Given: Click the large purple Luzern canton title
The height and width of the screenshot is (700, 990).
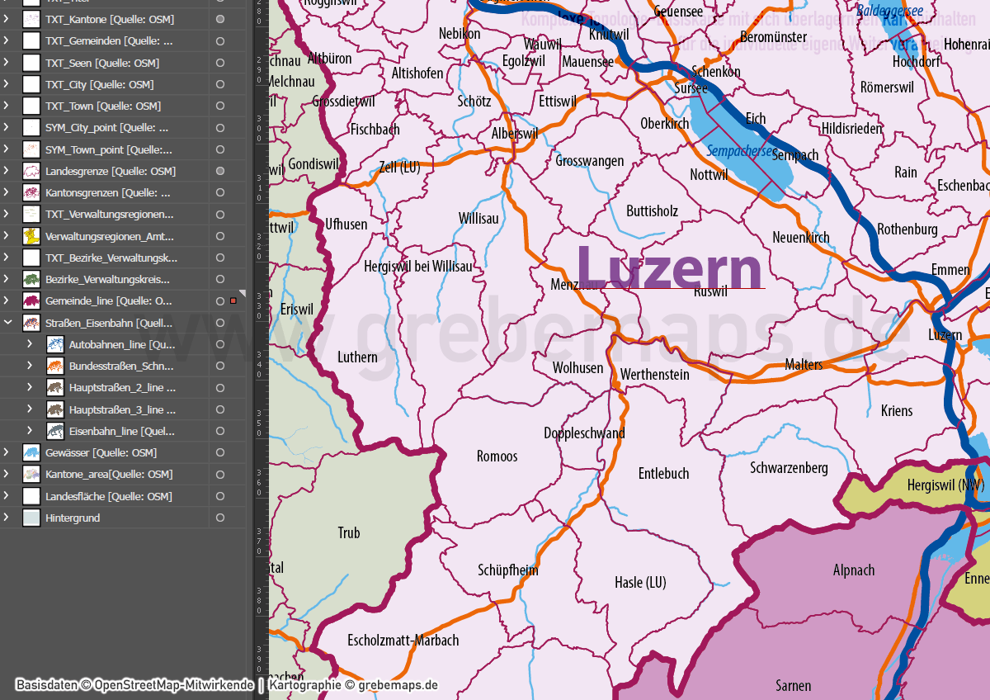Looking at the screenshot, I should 669,267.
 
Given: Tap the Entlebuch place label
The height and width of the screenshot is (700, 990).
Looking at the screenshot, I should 663,474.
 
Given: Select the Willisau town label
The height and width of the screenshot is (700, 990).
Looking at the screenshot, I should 478,219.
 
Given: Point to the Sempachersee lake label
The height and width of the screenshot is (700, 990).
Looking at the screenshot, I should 739,151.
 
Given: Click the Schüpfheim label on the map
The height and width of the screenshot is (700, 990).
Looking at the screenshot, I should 507,570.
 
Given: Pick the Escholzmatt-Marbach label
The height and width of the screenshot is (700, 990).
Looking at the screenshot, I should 403,641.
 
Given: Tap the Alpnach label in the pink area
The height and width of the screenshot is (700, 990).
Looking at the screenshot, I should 854,570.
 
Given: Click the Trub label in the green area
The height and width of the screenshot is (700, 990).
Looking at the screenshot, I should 349,533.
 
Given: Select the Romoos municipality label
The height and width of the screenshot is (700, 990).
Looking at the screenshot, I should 497,456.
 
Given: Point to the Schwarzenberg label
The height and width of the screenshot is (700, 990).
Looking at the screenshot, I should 789,468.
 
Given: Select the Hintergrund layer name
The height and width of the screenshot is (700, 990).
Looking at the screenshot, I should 73,518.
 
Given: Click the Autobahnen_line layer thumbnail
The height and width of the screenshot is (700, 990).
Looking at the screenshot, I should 55,344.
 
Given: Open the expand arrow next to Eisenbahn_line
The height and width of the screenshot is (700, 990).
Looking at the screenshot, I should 30,431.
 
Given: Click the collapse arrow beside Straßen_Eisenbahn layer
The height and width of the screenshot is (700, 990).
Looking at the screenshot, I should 7,323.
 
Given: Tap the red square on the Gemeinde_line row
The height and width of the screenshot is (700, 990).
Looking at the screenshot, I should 233,301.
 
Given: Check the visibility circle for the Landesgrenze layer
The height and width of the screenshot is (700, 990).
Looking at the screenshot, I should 220,171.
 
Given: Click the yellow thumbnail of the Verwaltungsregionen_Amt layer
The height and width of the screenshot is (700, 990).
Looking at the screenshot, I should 31,236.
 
